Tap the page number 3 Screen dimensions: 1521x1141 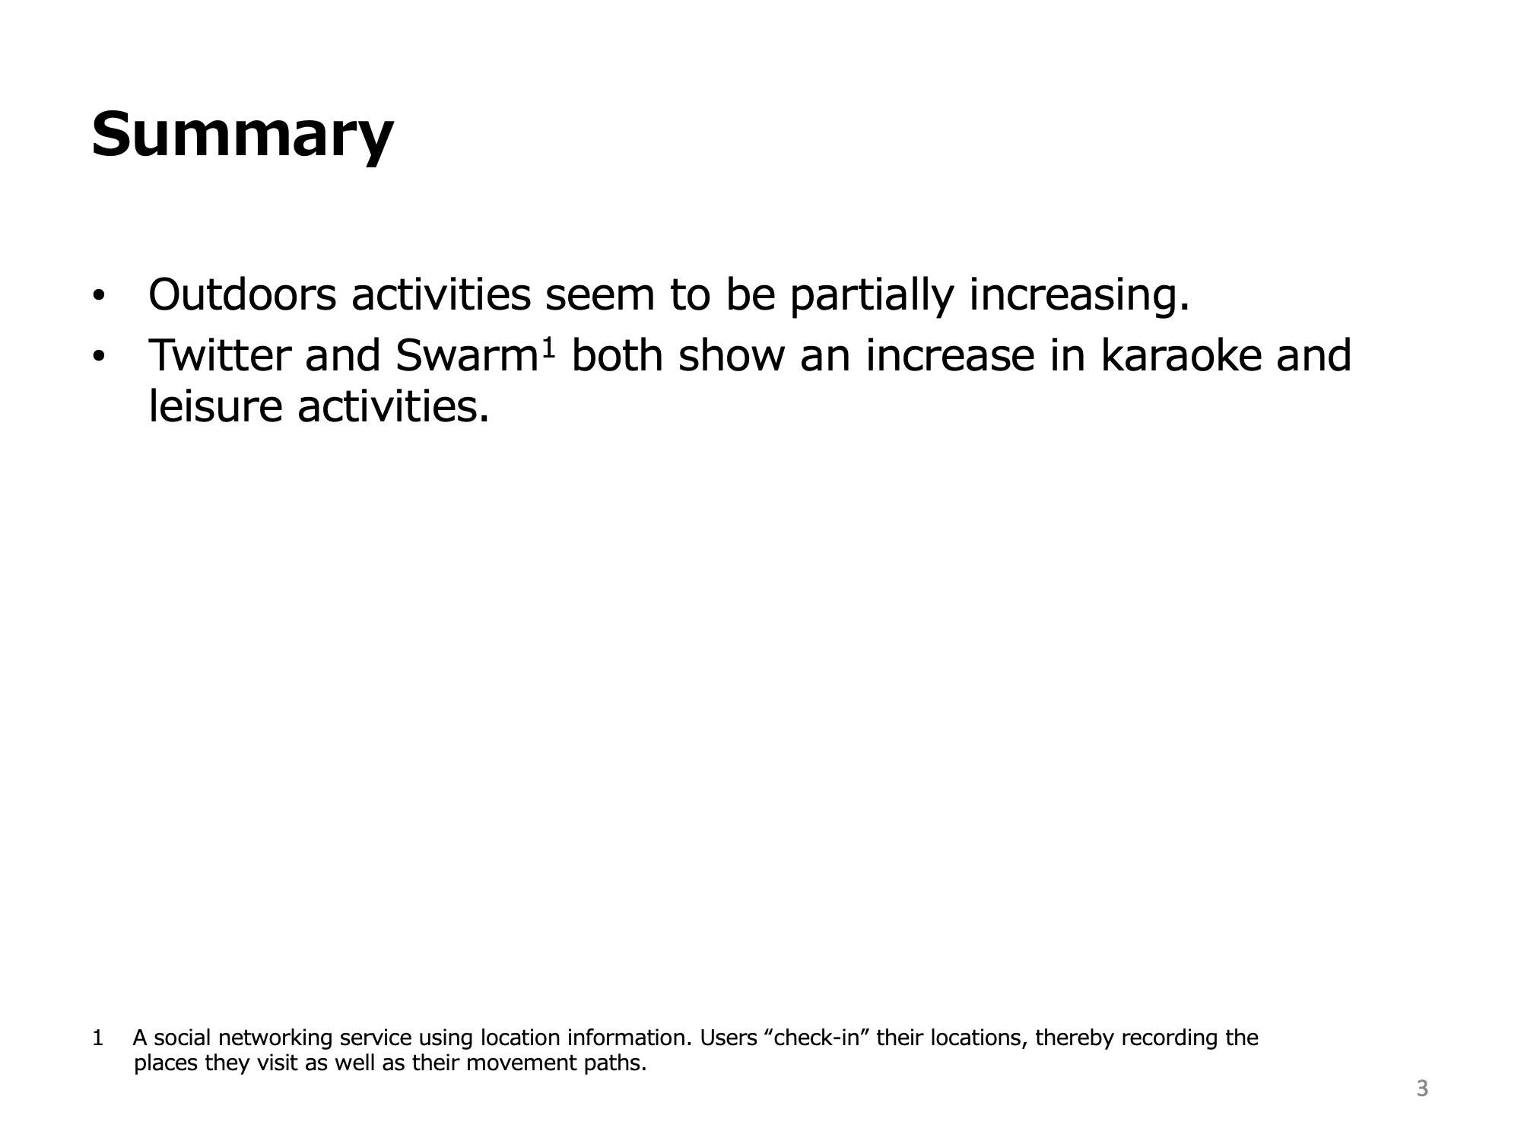pyautogui.click(x=1422, y=1089)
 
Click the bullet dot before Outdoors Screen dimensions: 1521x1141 pyautogui.click(x=97, y=297)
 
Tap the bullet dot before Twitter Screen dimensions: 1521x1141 pyautogui.click(x=97, y=358)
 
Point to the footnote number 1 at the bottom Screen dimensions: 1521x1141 pyautogui.click(x=97, y=1038)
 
